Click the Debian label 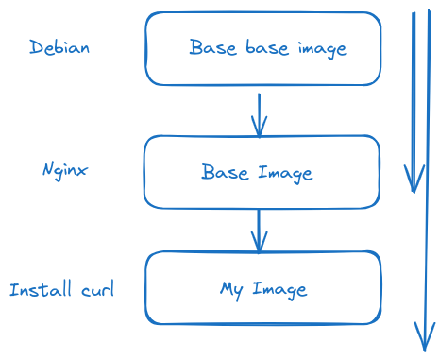click(x=59, y=47)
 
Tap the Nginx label click(x=65, y=170)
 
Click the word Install click(x=38, y=289)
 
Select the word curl click(x=94, y=289)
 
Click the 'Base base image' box click(x=264, y=47)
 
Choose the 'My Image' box click(x=263, y=287)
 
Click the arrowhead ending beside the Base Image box click(x=413, y=180)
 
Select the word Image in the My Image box click(x=279, y=288)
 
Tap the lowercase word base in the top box click(x=262, y=47)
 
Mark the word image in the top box click(x=320, y=48)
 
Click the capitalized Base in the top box click(x=211, y=47)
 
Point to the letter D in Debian click(x=36, y=47)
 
